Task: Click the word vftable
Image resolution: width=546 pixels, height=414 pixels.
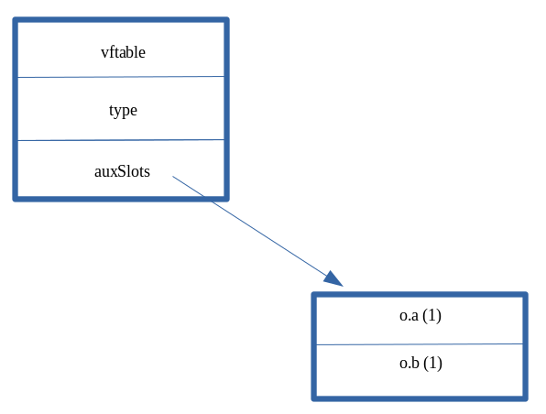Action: click(x=123, y=52)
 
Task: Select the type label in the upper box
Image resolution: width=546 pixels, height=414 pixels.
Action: click(x=123, y=110)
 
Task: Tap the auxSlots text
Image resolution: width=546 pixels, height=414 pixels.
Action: click(x=122, y=170)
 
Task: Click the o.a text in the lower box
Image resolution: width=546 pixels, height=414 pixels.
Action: click(x=409, y=315)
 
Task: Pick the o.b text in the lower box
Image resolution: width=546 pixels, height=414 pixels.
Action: click(x=409, y=363)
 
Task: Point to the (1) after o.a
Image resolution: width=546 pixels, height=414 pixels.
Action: click(x=432, y=315)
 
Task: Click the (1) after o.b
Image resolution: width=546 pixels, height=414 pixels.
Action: click(x=433, y=363)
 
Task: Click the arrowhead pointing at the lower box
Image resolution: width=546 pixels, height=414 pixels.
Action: click(x=334, y=279)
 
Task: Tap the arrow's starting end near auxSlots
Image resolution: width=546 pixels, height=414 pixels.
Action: click(x=173, y=177)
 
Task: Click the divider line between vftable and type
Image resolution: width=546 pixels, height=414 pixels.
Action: click(x=121, y=77)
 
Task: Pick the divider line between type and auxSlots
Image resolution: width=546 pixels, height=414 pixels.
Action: click(x=121, y=140)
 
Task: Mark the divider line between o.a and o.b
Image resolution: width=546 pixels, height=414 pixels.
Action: click(x=420, y=344)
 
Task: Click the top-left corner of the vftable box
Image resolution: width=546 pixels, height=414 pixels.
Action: click(x=16, y=20)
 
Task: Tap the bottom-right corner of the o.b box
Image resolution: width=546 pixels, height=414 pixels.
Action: click(x=525, y=398)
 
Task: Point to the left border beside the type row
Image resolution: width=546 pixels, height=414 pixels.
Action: click(x=16, y=110)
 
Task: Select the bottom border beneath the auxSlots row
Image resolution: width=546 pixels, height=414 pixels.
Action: click(x=121, y=197)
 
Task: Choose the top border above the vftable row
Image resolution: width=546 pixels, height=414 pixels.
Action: click(x=121, y=19)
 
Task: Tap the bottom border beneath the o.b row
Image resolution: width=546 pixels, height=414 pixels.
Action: click(x=420, y=398)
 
